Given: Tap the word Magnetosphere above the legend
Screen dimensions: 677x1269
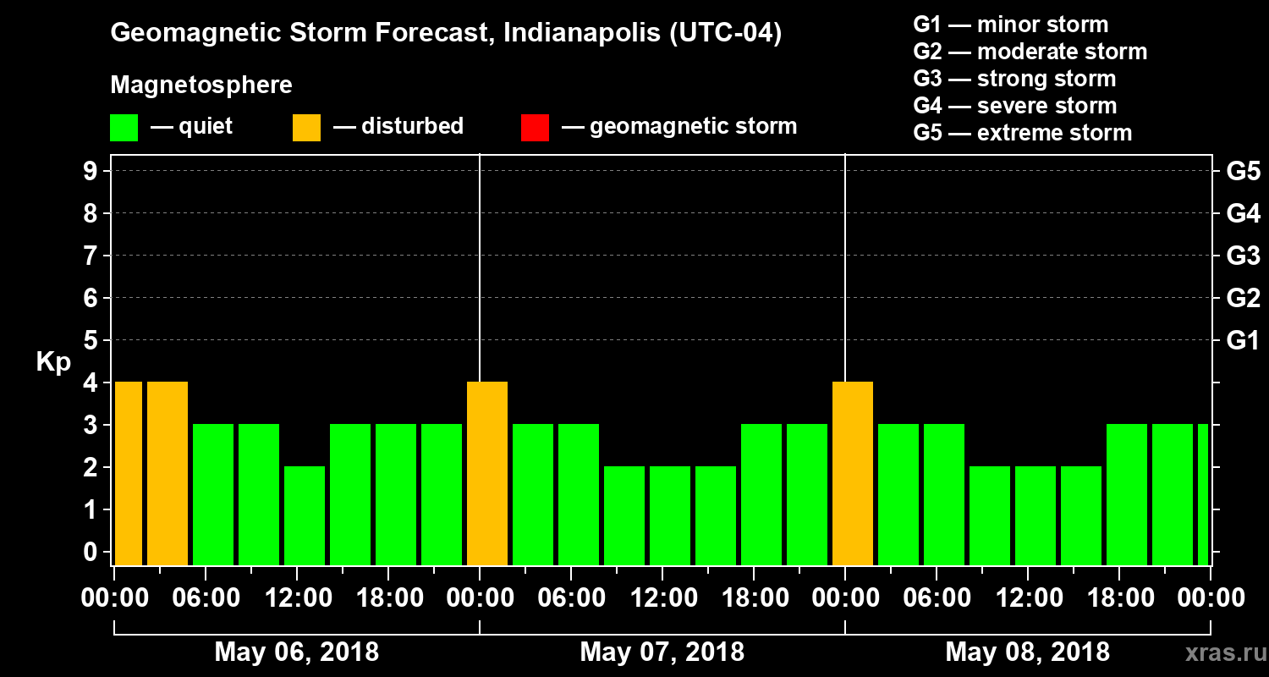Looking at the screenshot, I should click(x=201, y=85).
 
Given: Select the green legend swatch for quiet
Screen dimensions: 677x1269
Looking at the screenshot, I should click(x=124, y=127).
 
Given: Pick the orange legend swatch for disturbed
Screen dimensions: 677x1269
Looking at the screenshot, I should click(x=306, y=127).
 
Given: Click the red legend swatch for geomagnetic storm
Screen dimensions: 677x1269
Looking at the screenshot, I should click(x=535, y=127).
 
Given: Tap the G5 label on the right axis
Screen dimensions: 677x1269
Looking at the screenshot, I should click(x=1243, y=171).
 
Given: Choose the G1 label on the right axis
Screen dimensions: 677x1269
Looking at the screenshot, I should click(x=1243, y=340).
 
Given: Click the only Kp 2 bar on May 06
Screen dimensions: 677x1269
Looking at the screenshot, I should click(x=305, y=515).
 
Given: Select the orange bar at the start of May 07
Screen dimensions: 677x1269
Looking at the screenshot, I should click(x=487, y=473).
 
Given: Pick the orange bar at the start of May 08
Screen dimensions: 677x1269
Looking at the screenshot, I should click(x=853, y=473).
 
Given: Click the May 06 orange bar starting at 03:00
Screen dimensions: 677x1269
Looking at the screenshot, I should click(x=168, y=473).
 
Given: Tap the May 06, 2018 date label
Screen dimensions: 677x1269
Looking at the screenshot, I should click(x=297, y=652).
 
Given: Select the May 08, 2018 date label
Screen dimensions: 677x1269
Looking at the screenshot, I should click(x=1027, y=652).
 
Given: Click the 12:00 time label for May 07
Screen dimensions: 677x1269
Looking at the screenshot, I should click(x=662, y=598).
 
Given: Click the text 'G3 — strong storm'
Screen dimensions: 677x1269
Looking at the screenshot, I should click(x=1014, y=79).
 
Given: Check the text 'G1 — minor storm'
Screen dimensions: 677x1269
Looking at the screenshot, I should click(x=1010, y=25).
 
